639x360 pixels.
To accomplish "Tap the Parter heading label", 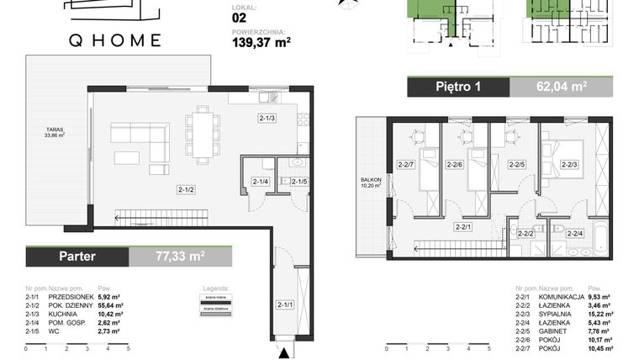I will pyautogui.click(x=77, y=256).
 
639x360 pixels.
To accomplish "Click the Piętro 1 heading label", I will pyautogui.click(x=459, y=87).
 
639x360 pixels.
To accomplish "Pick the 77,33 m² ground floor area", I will pyautogui.click(x=180, y=256).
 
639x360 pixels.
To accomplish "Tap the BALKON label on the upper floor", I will pyautogui.click(x=371, y=180).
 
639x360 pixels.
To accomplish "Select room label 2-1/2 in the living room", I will pyautogui.click(x=186, y=189).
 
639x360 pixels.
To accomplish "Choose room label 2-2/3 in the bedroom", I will pyautogui.click(x=569, y=165).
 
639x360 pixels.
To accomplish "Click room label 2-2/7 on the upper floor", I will pyautogui.click(x=407, y=165).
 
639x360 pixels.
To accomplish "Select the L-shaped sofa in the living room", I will pyautogui.click(x=138, y=140).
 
